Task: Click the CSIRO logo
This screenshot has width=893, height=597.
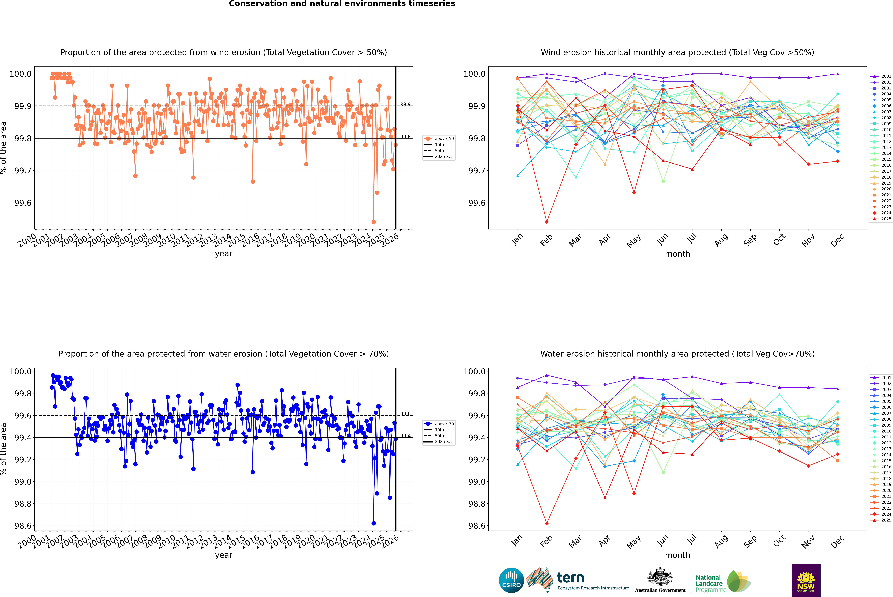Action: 511,580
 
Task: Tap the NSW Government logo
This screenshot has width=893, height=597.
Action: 806,580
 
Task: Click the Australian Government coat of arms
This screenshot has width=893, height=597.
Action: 660,577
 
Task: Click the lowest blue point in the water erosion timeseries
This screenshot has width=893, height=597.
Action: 373,523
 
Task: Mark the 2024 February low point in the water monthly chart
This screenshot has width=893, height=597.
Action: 547,523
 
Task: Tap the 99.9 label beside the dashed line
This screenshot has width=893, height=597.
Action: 405,104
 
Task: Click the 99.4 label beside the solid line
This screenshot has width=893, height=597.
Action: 405,436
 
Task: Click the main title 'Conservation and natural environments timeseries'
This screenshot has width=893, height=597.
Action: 342,4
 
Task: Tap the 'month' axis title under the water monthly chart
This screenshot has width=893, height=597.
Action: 677,555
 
